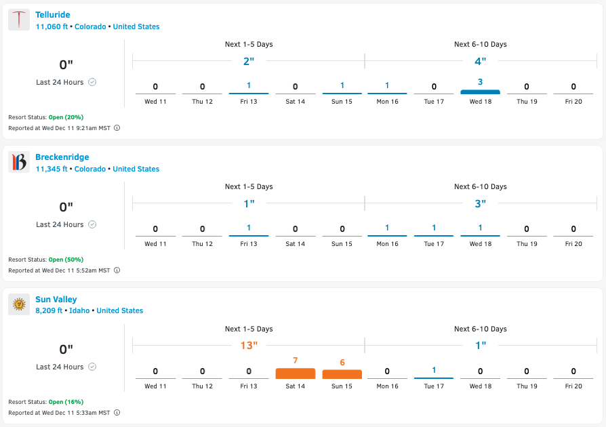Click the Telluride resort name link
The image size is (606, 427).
[x=53, y=15]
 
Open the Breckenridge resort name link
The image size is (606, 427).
[x=62, y=157]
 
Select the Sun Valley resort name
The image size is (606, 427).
[x=56, y=300]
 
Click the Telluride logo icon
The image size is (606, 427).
[x=19, y=20]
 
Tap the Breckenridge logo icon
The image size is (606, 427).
[x=19, y=163]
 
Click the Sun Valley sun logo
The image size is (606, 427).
[x=19, y=305]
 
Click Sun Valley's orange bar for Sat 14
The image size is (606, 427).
[x=296, y=373]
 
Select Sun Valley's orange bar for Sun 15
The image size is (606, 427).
[x=342, y=374]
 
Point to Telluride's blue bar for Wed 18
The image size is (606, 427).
[x=480, y=91]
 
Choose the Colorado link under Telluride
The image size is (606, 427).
[x=90, y=27]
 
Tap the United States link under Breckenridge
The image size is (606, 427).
[x=136, y=169]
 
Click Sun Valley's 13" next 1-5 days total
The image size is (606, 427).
[x=249, y=346]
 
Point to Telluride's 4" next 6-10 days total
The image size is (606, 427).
[x=481, y=61]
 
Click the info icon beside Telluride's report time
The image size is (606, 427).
[x=117, y=128]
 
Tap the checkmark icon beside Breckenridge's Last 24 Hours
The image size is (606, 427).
[x=92, y=224]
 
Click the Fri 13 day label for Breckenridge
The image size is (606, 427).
[x=249, y=244]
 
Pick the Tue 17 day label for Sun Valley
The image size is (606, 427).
[x=434, y=386]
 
